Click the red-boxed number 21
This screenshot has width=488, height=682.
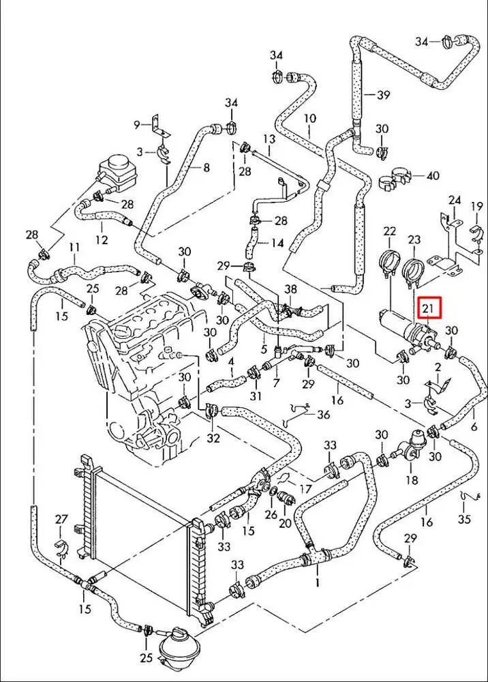click(x=429, y=309)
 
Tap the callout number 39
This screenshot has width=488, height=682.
click(x=383, y=94)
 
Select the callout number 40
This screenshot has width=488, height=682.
click(x=432, y=175)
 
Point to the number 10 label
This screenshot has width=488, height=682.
click(x=309, y=118)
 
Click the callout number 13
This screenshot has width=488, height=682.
click(x=269, y=139)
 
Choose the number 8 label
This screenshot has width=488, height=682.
click(x=207, y=166)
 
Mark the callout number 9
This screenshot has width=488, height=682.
click(x=137, y=125)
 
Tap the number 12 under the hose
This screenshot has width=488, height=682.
click(x=102, y=239)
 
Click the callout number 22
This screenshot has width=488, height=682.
click(x=389, y=232)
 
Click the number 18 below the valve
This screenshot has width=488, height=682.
click(x=412, y=480)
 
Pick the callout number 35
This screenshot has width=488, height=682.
click(x=464, y=519)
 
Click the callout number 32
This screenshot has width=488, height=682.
click(x=213, y=438)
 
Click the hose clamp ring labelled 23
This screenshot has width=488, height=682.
click(x=413, y=272)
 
